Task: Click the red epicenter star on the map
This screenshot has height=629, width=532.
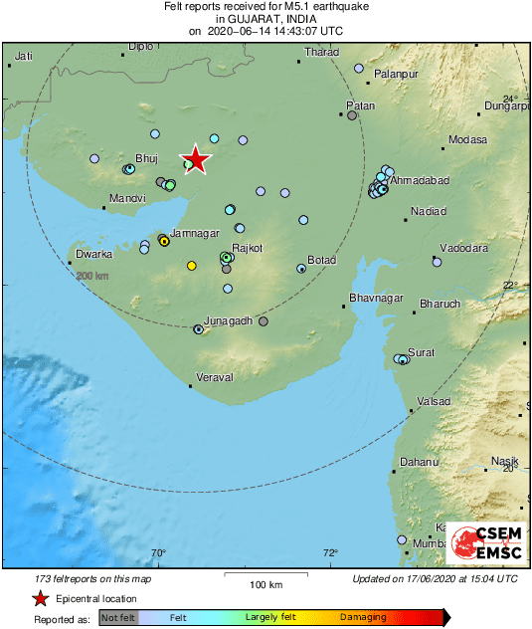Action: [197, 159]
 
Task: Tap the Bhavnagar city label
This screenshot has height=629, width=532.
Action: [376, 299]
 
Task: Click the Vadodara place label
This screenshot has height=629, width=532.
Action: [464, 247]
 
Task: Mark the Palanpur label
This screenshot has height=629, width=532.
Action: [397, 75]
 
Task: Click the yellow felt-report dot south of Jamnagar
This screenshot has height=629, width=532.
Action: [192, 265]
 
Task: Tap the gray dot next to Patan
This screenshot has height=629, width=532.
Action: [352, 115]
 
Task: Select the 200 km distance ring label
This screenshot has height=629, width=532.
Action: [92, 276]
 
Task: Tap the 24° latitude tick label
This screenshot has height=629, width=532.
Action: [510, 100]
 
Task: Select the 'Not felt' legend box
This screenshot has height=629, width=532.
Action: [119, 618]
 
